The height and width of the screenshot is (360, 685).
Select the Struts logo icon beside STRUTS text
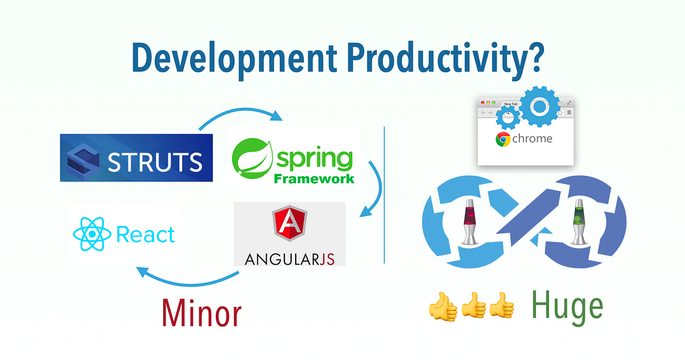84,159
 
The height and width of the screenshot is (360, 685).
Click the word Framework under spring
314,179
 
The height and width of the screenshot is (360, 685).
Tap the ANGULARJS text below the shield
289,259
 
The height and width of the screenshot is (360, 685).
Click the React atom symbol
91,234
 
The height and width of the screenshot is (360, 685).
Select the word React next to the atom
145,234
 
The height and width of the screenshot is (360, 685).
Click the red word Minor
201,313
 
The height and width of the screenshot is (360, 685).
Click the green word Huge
566,306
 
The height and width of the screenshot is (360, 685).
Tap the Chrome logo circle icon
503,139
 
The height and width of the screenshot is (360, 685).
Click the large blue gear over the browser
539,106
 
